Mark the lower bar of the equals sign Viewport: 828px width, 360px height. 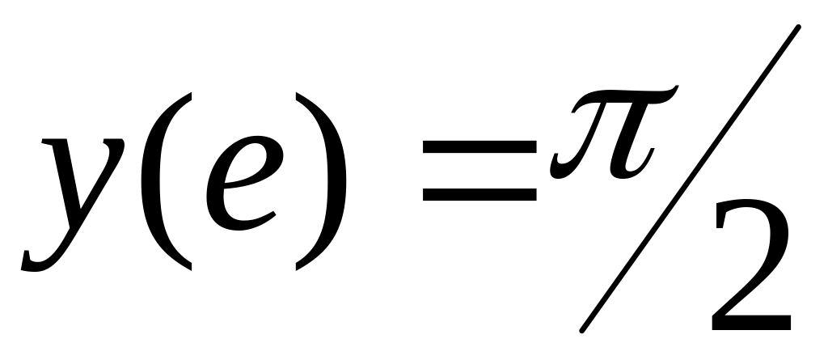[479, 195]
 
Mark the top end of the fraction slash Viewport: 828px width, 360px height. [797, 29]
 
